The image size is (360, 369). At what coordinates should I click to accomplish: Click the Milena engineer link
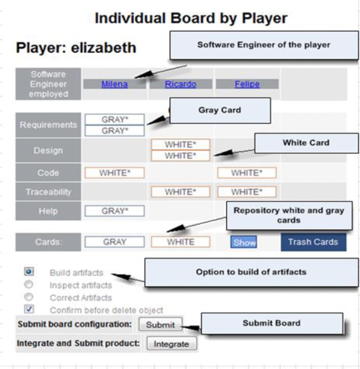click(114, 84)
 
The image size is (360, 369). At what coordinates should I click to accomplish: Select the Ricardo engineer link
click(180, 84)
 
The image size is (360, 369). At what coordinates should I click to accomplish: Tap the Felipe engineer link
click(247, 84)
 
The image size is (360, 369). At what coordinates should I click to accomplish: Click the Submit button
click(160, 324)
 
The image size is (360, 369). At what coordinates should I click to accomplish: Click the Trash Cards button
click(313, 242)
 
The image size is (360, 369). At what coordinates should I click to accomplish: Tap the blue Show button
click(244, 242)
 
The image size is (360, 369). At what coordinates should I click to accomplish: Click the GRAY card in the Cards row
click(114, 242)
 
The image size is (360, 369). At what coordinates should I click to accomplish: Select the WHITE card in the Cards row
click(180, 242)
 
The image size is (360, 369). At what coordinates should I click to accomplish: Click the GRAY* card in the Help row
click(114, 211)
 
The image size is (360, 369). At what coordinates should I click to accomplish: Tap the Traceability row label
click(48, 192)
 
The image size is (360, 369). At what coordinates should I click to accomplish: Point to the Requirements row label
click(48, 125)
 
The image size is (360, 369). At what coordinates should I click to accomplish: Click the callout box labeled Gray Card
click(220, 110)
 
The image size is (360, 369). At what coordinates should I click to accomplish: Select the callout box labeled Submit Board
click(272, 323)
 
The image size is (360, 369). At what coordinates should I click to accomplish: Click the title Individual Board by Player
click(191, 18)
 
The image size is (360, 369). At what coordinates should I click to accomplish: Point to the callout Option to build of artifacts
click(251, 272)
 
